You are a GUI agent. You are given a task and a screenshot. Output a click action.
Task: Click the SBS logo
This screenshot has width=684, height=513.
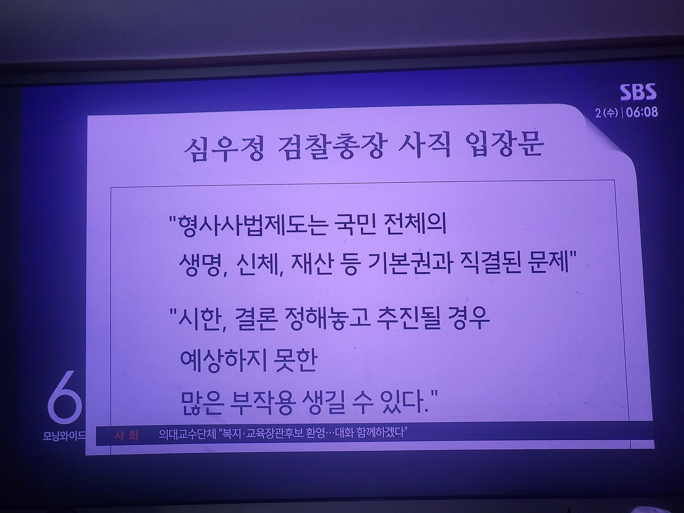tap(638, 93)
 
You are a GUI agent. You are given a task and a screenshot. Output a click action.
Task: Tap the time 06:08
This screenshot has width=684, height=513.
tap(642, 112)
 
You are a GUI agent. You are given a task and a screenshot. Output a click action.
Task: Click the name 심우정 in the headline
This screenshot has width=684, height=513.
tap(224, 149)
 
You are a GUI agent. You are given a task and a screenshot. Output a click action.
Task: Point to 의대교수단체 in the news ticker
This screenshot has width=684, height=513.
tap(187, 434)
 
